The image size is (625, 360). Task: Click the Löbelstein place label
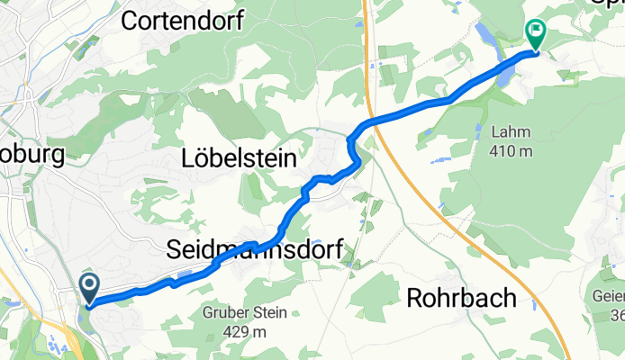tap(240, 159)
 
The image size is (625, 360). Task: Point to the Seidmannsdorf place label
tap(255, 252)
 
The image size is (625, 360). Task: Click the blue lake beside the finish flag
tap(485, 40)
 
